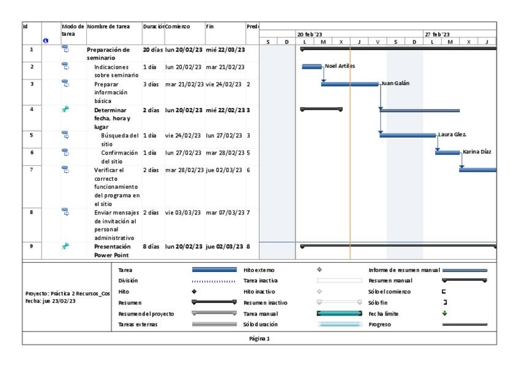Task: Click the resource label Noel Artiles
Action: coord(340,66)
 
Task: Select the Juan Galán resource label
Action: coord(396,83)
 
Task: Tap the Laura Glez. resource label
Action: coord(451,134)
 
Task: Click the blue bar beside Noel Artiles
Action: coord(312,66)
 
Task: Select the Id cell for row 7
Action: coord(31,168)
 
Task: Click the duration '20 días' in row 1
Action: coord(153,50)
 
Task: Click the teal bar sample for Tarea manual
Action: coord(339,313)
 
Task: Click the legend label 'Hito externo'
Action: coord(261,269)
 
